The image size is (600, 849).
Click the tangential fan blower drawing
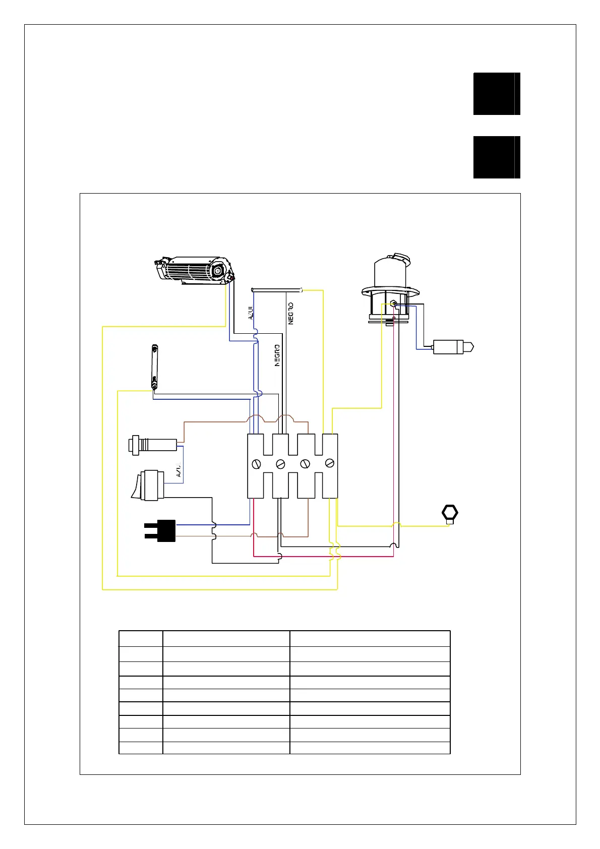(x=194, y=270)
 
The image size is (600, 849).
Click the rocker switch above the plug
(x=148, y=486)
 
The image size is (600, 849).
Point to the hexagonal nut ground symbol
(x=449, y=513)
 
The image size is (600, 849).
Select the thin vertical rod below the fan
(x=154, y=367)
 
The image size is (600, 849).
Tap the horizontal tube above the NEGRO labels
(x=276, y=290)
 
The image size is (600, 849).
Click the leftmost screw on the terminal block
(x=256, y=463)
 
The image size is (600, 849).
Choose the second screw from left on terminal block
(x=281, y=463)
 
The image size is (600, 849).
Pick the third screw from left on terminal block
(x=305, y=463)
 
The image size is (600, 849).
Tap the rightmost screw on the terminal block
(x=330, y=462)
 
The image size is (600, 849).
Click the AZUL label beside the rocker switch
(x=179, y=470)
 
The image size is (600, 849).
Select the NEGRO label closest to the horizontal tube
(x=291, y=313)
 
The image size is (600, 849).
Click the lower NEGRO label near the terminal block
(x=277, y=355)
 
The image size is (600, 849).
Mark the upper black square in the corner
(x=497, y=94)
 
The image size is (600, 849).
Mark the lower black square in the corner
(x=497, y=157)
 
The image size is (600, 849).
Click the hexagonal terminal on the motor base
(x=393, y=304)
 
